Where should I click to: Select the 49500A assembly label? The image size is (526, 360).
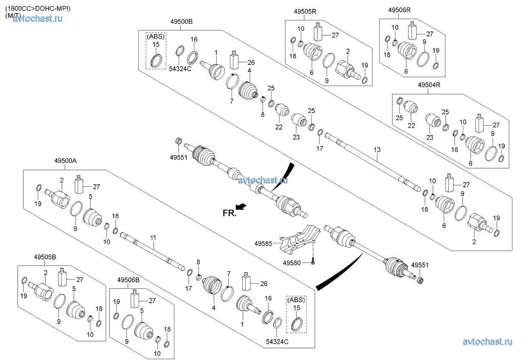65,161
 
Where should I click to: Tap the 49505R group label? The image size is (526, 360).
305,11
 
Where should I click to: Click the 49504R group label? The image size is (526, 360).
429,85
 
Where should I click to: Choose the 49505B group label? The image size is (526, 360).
45,257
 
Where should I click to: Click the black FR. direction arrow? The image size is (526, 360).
241,206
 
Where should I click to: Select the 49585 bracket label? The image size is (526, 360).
263,244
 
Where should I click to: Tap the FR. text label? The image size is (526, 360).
229,213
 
